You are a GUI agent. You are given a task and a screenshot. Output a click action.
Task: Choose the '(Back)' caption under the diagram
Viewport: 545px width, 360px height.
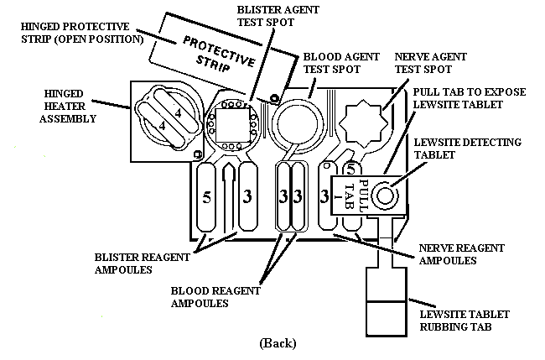click(x=278, y=342)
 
